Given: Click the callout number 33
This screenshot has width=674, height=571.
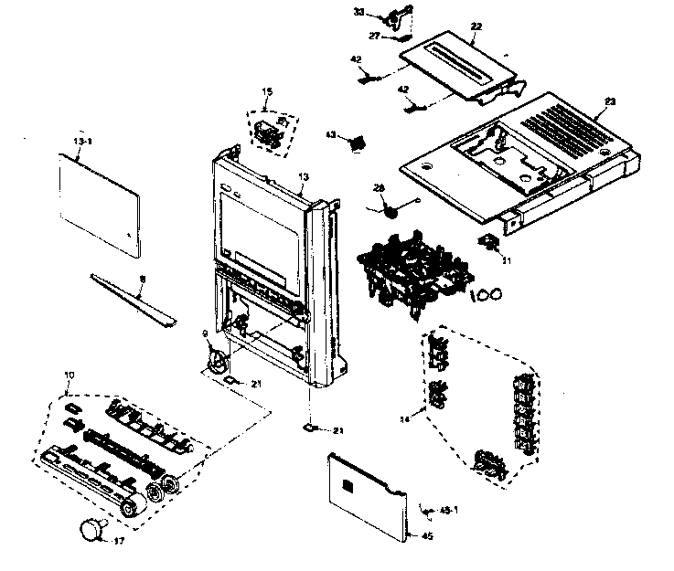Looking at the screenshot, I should [x=359, y=13].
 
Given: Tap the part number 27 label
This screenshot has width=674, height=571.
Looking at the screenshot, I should [x=375, y=35].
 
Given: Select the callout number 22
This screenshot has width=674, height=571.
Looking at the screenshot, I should [x=476, y=28].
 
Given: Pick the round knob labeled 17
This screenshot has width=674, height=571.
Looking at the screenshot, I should [x=93, y=527].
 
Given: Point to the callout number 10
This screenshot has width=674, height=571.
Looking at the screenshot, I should [x=69, y=375].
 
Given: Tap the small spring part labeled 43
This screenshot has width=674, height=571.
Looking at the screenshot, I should [x=358, y=141].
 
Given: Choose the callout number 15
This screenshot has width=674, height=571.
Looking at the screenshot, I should [x=267, y=91].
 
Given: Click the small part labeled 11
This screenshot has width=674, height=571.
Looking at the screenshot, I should [x=489, y=241].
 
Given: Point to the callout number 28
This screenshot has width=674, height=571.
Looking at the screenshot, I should [x=379, y=188].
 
